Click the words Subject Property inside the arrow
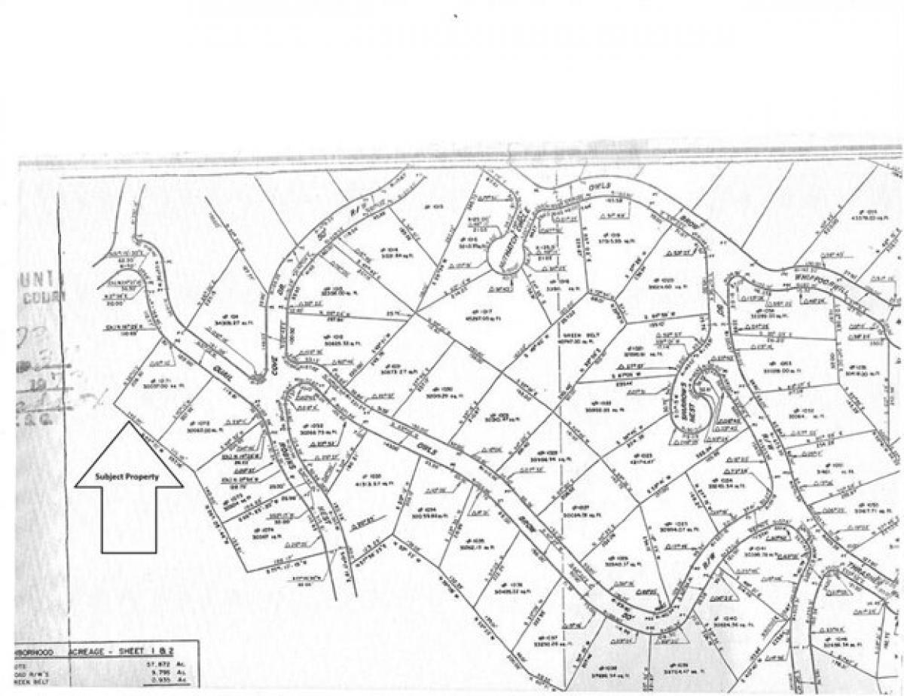[x=129, y=478]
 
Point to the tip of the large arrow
[x=129, y=423]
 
